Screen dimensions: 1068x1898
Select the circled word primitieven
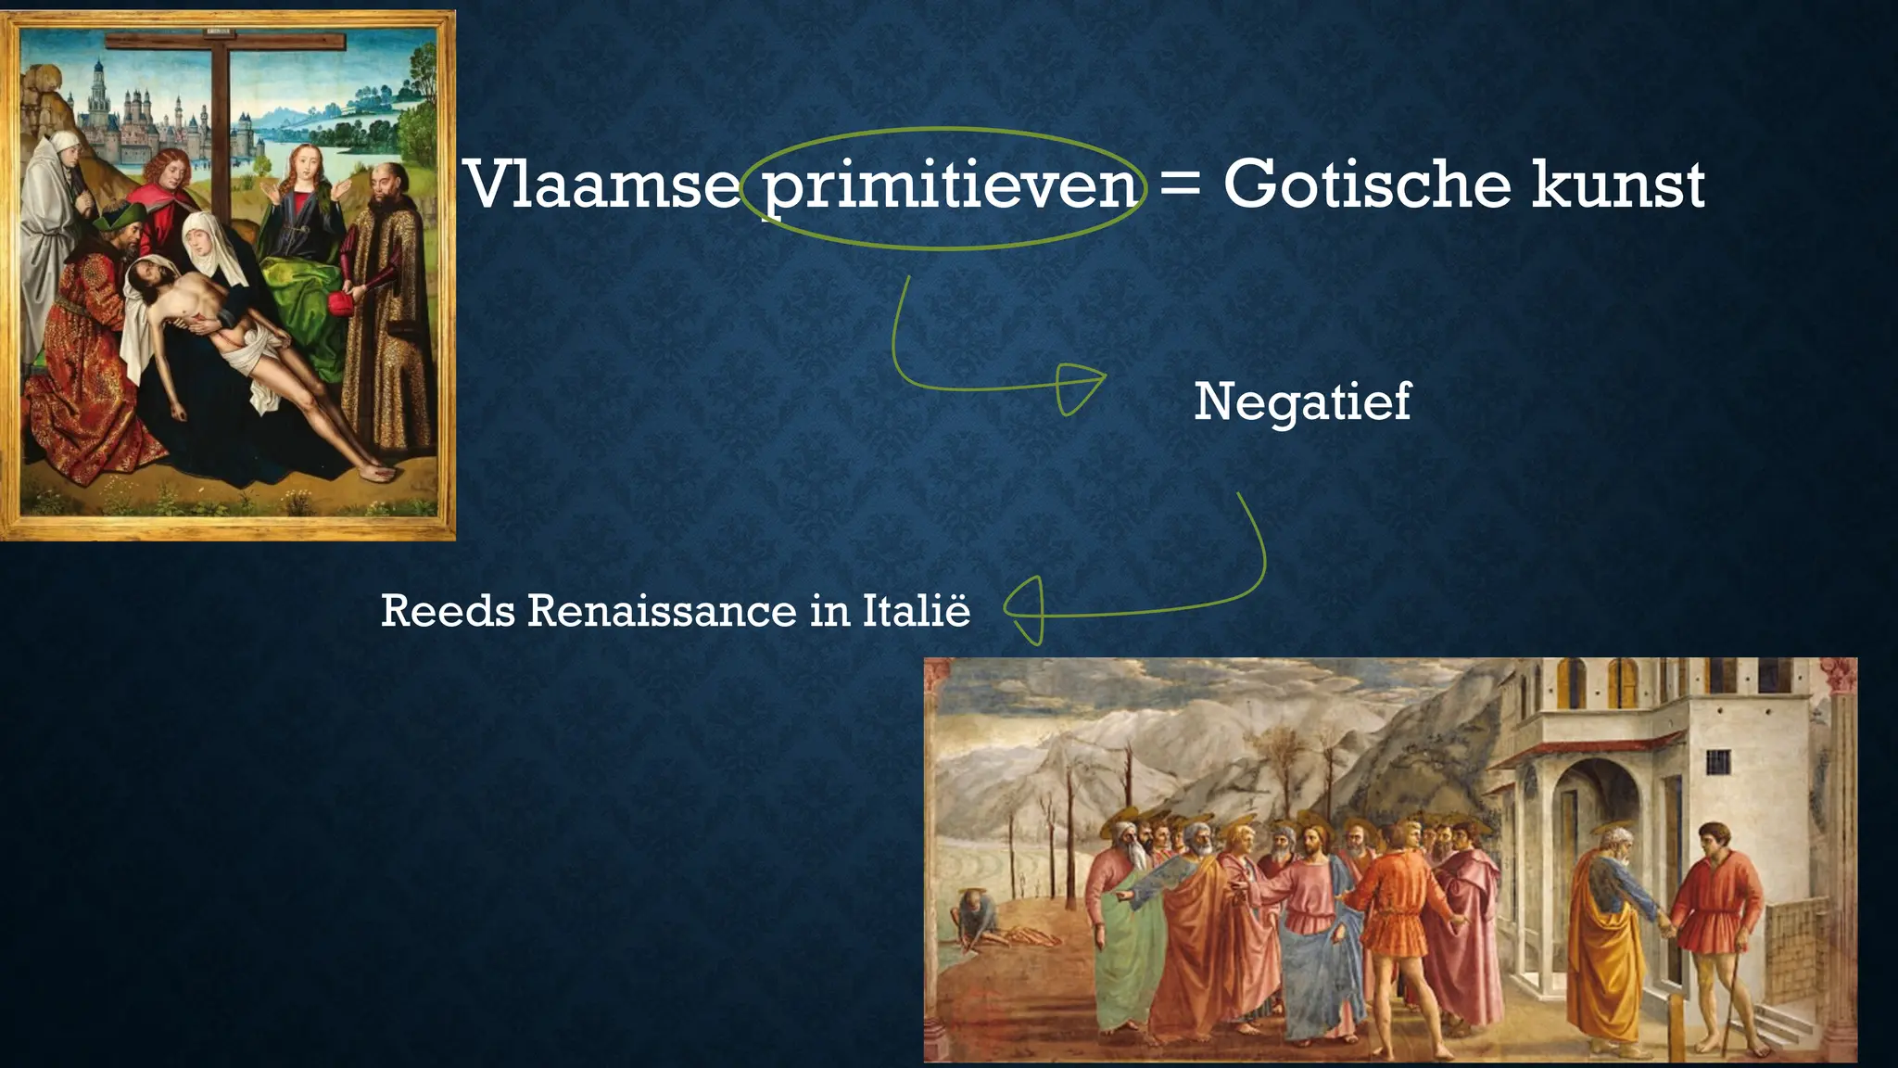click(950, 186)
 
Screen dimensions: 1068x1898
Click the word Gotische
click(1368, 184)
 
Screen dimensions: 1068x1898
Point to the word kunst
click(1617, 184)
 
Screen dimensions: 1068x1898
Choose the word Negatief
click(1302, 401)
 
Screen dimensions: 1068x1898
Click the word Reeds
click(447, 611)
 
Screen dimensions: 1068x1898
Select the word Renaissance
click(662, 611)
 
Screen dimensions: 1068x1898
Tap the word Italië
click(917, 611)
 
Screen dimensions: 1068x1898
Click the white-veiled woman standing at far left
click(56, 213)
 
